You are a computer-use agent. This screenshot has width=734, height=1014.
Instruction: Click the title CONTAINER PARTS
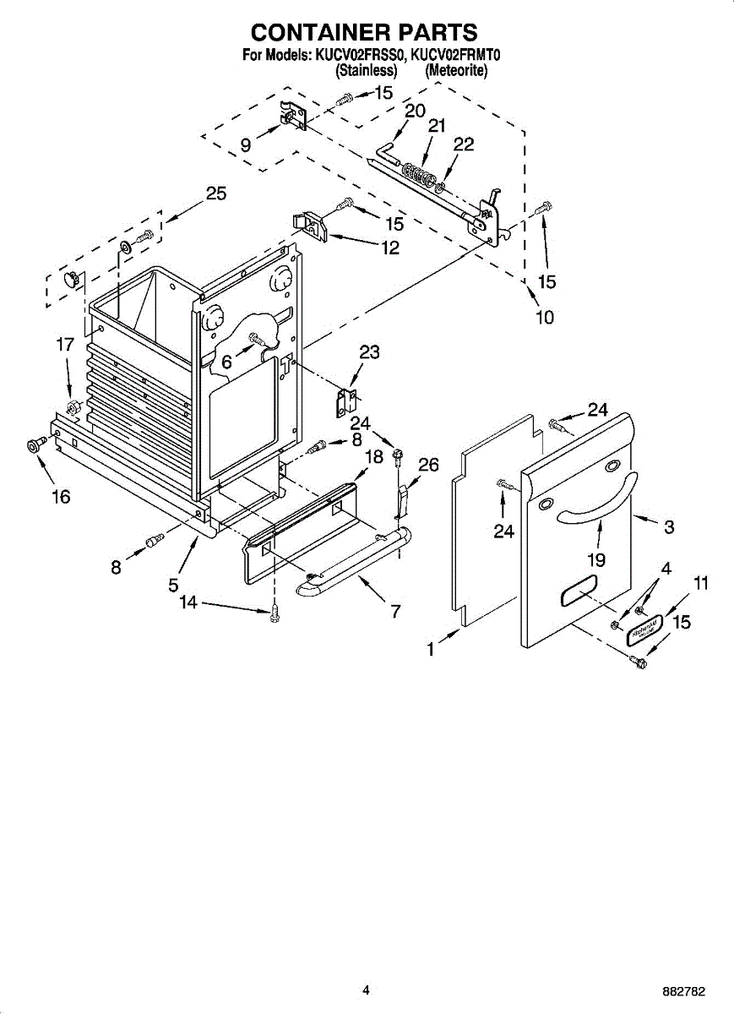(365, 32)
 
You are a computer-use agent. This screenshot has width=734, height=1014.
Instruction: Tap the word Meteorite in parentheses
(456, 72)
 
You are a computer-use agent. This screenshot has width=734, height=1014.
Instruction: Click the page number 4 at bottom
(366, 989)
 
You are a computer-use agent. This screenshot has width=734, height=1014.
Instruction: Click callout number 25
(216, 194)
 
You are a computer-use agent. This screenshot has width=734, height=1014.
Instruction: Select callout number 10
(545, 318)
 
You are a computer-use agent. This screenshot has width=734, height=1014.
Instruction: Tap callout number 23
(369, 352)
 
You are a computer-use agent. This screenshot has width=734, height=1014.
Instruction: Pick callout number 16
(61, 497)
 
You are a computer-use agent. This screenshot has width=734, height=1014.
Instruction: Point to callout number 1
(432, 650)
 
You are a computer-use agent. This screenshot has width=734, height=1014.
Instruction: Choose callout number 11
(701, 583)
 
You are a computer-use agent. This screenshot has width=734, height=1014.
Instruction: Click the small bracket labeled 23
(346, 399)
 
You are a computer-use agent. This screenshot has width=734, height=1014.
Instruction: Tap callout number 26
(429, 464)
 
